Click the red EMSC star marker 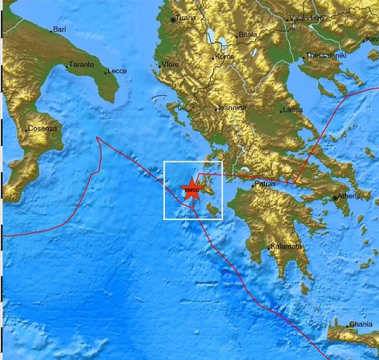(190, 190)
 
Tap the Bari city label (60, 29)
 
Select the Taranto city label (81, 64)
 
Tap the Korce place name (224, 57)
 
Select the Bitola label (247, 35)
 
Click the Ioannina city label (231, 108)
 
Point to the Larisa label (292, 110)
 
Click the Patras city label (265, 184)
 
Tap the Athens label (350, 196)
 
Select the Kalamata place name (286, 247)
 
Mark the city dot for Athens (336, 198)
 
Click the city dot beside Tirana (173, 20)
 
